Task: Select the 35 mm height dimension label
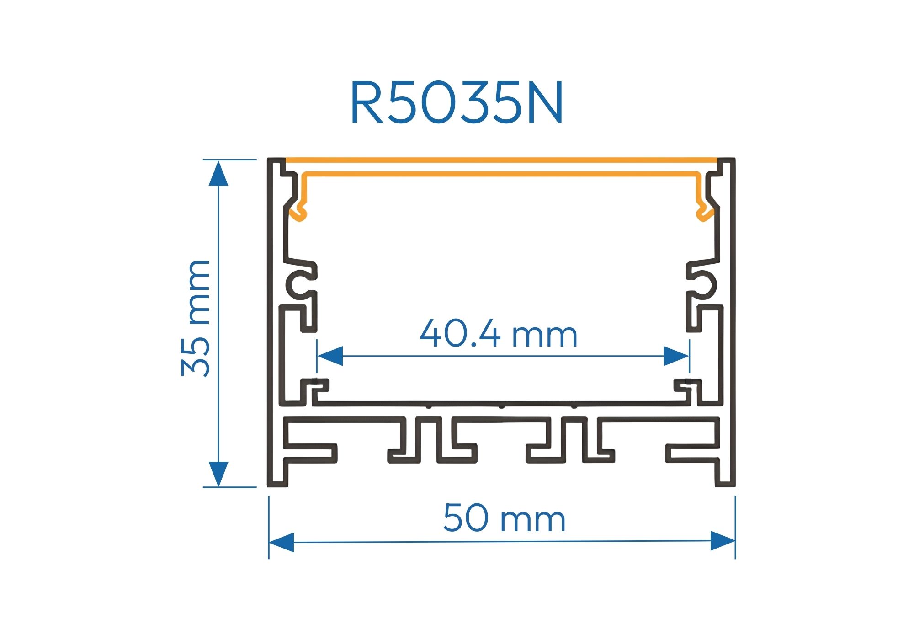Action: (196, 318)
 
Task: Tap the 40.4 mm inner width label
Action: (498, 334)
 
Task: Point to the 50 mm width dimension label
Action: (504, 518)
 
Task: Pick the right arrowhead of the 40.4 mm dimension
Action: (676, 356)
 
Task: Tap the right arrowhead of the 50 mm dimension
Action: (723, 541)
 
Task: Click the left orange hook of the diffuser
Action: (299, 211)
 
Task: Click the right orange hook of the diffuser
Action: (704, 211)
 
